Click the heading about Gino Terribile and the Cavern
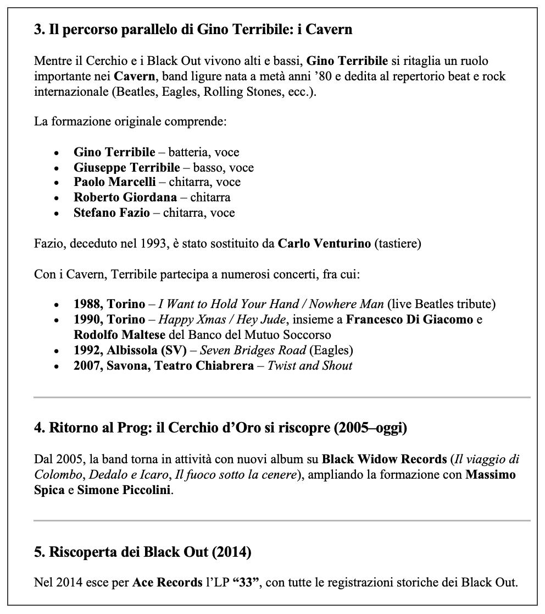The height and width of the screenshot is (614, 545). [193, 30]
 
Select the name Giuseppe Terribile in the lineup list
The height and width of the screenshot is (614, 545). [126, 167]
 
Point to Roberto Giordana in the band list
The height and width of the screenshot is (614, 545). [125, 197]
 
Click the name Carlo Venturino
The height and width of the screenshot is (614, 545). [324, 243]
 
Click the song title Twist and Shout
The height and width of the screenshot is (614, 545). [310, 365]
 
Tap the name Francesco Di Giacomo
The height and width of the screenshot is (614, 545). [409, 319]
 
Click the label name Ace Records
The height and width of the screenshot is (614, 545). [167, 583]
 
